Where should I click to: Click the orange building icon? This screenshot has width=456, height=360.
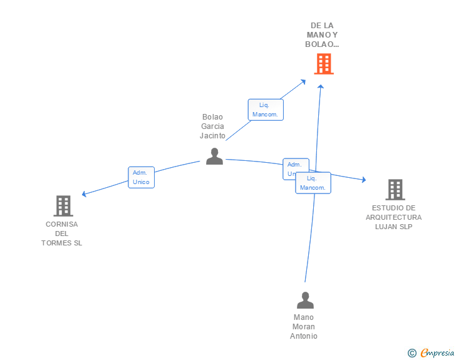[x=323, y=64]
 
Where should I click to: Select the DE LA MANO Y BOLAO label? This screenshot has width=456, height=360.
[x=322, y=35]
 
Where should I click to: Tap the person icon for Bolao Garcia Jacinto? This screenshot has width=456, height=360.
[x=214, y=157]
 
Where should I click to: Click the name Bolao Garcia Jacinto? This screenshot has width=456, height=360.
[x=212, y=126]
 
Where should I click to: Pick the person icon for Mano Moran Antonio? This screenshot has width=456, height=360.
[x=305, y=301]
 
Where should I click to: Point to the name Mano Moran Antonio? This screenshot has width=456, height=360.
[x=304, y=327]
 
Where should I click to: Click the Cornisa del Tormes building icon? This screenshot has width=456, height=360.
[x=63, y=205]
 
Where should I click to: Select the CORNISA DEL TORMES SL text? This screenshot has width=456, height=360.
[x=61, y=234]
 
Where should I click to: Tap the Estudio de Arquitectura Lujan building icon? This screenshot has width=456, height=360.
[x=395, y=189]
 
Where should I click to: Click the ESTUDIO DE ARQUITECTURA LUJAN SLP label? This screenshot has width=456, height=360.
[x=394, y=217]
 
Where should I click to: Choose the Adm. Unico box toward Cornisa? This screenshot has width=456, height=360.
[x=141, y=177]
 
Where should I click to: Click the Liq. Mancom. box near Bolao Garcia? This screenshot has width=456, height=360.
[x=266, y=110]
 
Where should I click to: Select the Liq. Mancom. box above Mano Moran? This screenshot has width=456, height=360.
[x=313, y=183]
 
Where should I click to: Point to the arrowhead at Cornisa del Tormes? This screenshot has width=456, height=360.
[x=84, y=194]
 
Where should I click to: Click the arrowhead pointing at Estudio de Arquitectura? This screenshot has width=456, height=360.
[x=363, y=180]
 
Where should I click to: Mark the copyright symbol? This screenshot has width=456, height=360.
[x=412, y=353]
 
